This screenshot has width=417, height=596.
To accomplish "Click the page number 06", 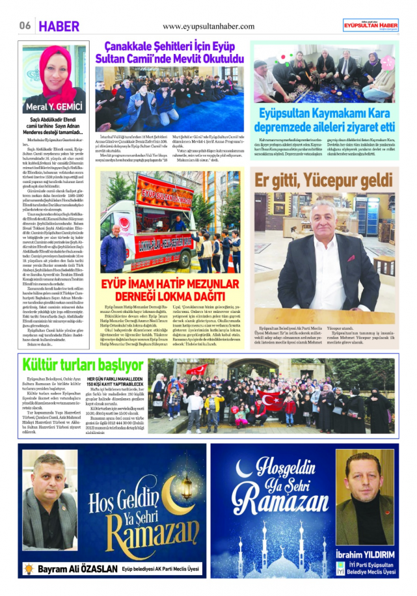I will click(25, 25).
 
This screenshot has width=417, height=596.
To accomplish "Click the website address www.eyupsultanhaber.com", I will click(208, 26).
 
